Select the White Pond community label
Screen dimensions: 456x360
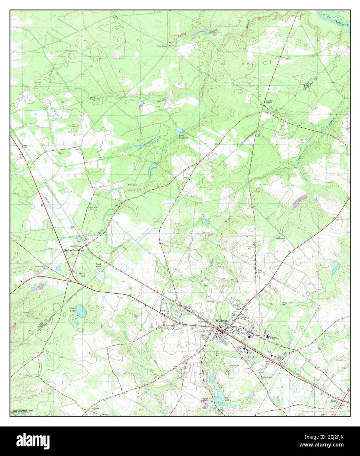point(75,246)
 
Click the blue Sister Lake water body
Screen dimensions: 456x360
point(81,310)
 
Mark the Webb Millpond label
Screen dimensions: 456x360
point(182,136)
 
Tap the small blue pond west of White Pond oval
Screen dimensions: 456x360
point(59,268)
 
